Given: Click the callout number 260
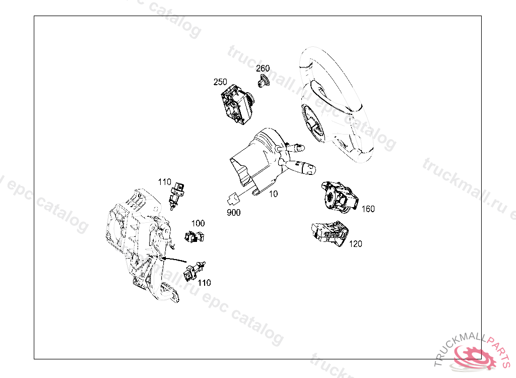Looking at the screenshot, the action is point(263,68).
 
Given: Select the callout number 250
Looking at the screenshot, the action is point(220,82).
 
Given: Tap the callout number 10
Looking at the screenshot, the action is point(274,194).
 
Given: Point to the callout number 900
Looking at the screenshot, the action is point(234,213).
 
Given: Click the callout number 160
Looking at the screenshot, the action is point(368,209).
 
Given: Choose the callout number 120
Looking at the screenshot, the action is point(355,243).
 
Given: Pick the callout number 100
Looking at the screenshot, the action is point(198,223).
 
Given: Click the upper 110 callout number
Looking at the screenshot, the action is point(165,182).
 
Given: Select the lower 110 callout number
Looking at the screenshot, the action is point(204,283).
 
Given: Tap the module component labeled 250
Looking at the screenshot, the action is point(237,104).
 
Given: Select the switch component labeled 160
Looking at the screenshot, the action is point(340,197).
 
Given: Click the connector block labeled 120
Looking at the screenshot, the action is point(330,233).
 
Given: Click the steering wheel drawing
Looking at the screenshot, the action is point(336,105).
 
